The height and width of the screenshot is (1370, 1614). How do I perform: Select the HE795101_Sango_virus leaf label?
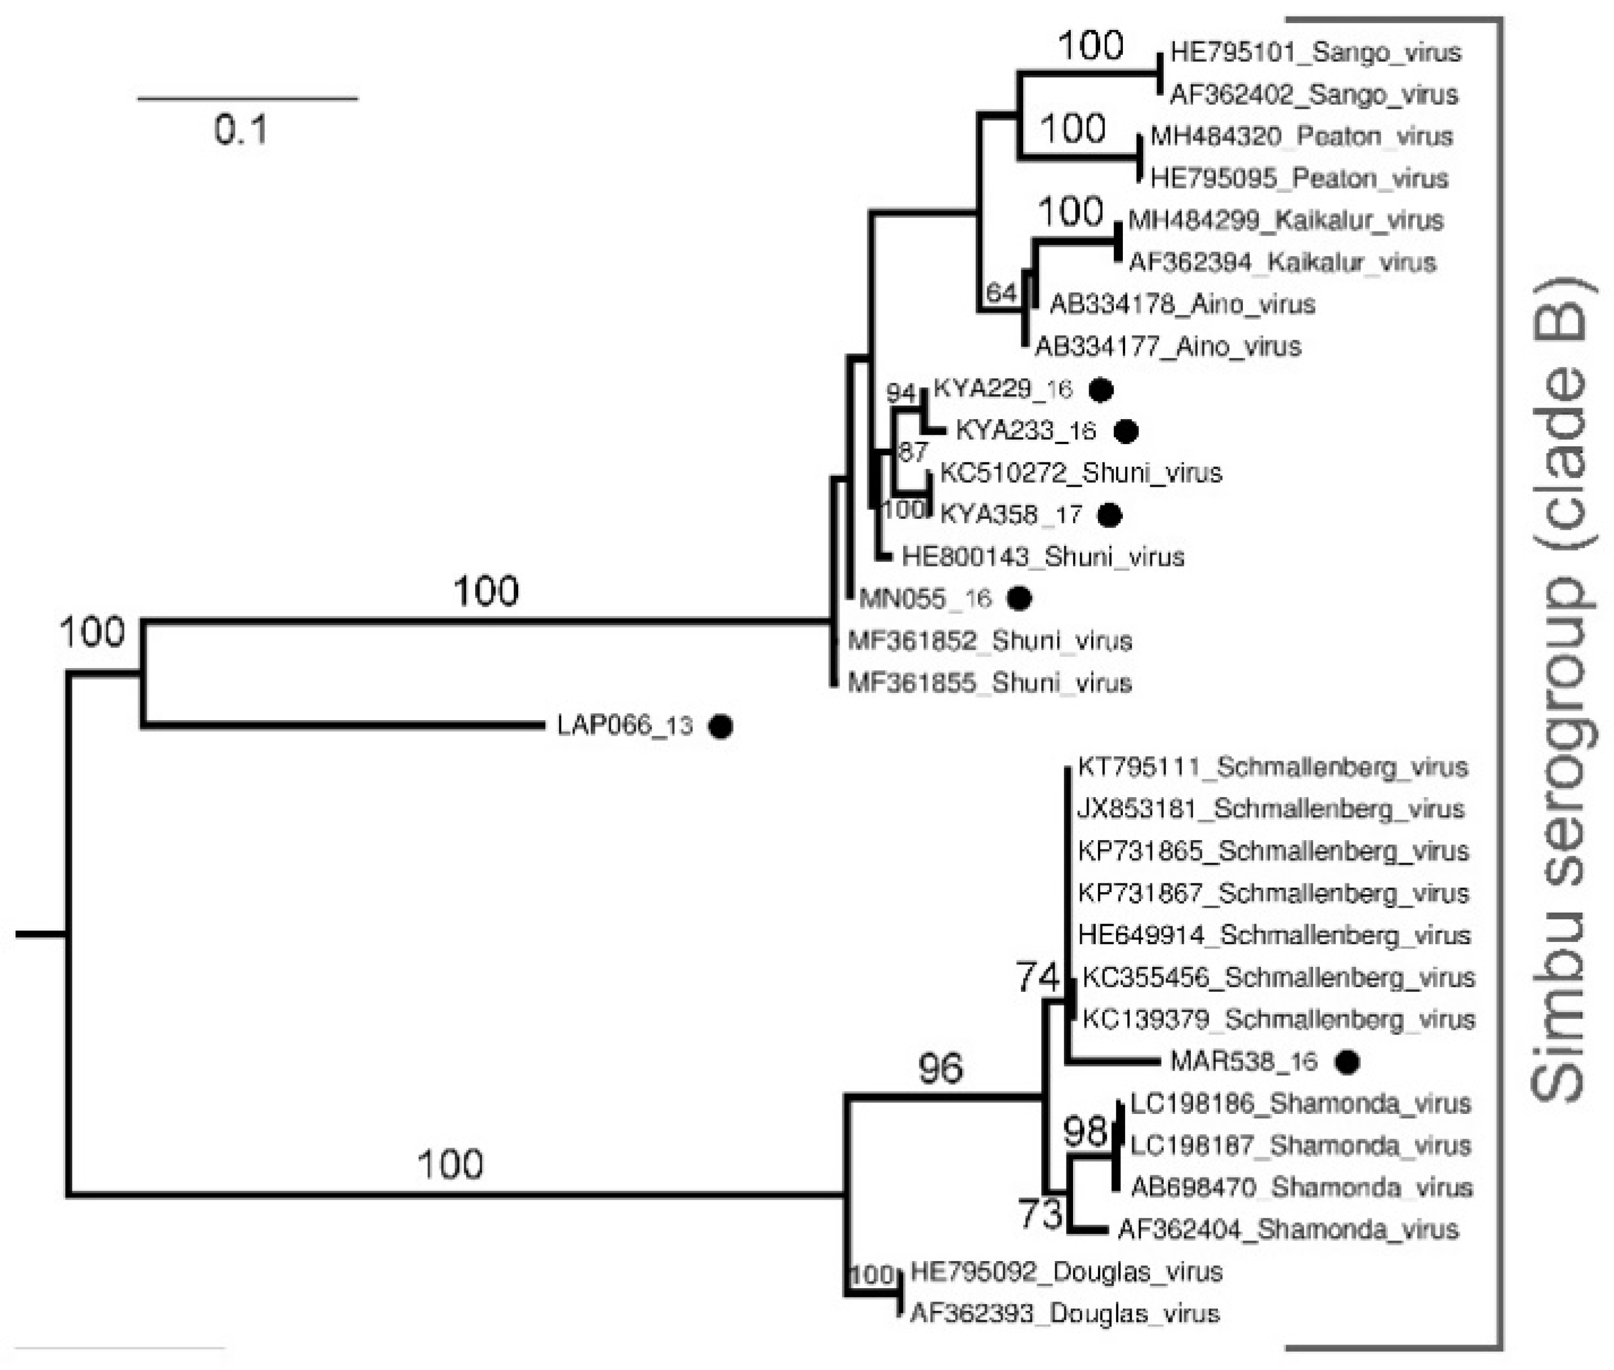1315,53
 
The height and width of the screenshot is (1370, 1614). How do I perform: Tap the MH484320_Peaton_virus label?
1301,137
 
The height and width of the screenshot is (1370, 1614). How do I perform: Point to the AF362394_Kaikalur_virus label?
1282,263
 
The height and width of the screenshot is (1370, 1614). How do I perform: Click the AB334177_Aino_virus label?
1168,346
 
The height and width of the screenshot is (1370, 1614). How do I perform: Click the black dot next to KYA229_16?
1101,389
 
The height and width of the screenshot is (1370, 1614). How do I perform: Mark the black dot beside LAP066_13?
721,726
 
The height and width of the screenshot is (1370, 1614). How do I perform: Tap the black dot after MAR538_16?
1347,1062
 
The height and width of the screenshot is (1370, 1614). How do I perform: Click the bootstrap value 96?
941,1069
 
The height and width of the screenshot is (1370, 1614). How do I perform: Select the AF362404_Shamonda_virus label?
1288,1230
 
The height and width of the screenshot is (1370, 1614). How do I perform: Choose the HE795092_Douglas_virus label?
1066,1272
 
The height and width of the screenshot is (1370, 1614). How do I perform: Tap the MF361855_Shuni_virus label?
990,684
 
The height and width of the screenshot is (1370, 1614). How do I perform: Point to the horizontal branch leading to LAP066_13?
342,726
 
